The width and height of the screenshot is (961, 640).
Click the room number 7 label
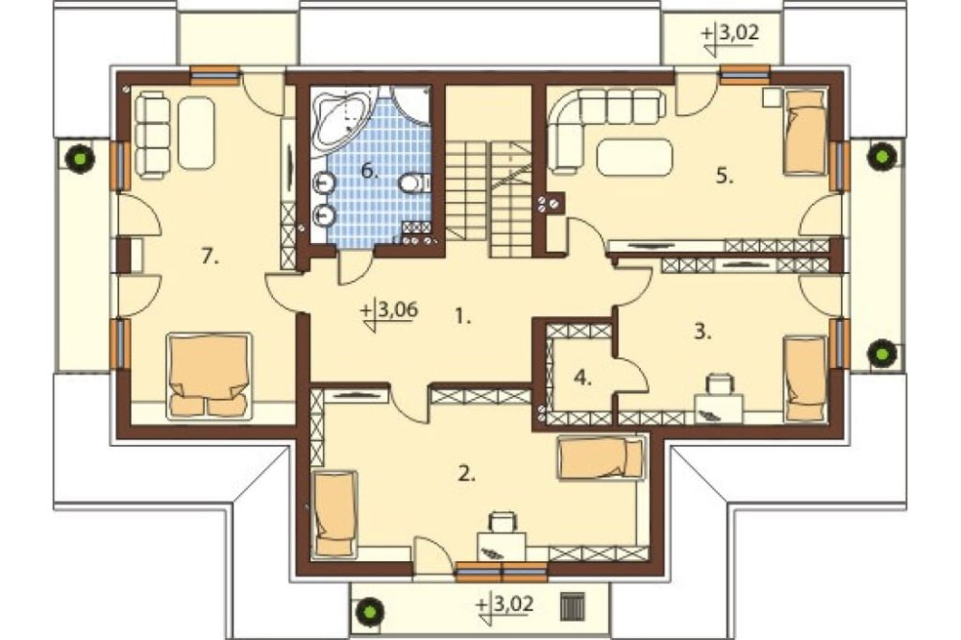click(x=209, y=257)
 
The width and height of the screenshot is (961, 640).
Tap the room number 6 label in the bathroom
click(x=369, y=171)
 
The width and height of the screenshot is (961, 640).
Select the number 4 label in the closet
click(x=582, y=379)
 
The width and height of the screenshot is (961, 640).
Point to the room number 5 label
click(x=725, y=177)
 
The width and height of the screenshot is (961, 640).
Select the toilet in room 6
click(x=415, y=183)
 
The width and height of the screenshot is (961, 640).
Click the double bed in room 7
click(x=209, y=376)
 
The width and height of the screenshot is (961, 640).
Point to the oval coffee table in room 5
click(x=633, y=157)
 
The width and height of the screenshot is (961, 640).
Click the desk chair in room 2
click(x=502, y=523)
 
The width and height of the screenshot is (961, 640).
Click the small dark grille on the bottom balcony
click(x=574, y=605)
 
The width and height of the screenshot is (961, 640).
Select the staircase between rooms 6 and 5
click(x=488, y=197)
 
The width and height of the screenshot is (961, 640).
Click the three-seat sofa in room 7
click(x=152, y=135)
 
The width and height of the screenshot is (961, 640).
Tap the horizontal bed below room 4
click(x=602, y=457)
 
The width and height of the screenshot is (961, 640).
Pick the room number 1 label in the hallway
click(x=463, y=317)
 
